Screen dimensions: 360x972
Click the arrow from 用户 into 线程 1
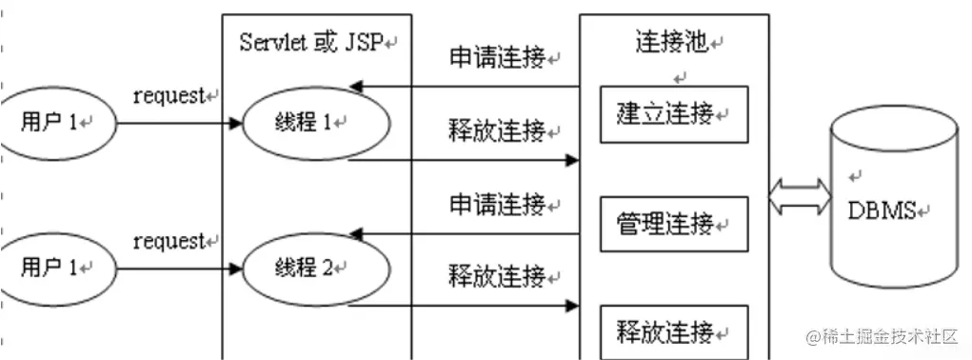click(177, 123)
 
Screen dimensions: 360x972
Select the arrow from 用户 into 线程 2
click(177, 268)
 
